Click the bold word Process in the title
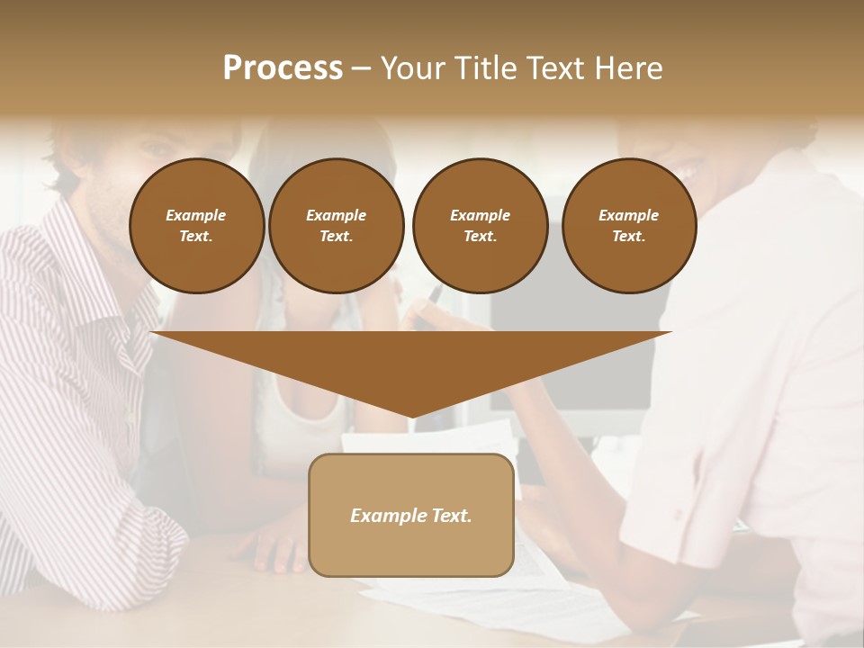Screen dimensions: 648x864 point(283,68)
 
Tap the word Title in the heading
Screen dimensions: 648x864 point(484,68)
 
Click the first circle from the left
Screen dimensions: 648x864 point(196,225)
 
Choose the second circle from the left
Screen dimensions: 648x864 point(336,225)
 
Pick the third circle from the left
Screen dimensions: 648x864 point(480,225)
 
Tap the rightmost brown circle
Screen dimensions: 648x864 point(628,225)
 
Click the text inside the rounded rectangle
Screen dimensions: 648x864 point(411,516)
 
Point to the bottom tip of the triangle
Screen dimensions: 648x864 point(411,418)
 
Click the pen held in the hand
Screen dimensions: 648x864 point(435,295)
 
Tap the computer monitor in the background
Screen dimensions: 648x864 point(576,360)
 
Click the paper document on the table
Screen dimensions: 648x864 point(540,576)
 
